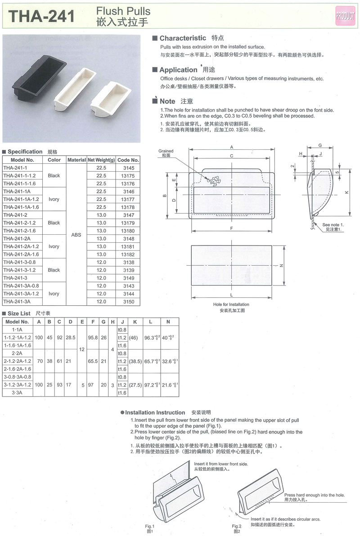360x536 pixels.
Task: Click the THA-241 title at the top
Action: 41,16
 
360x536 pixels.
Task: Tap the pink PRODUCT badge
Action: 345,16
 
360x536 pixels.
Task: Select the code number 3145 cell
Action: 129,168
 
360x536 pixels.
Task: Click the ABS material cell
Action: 76,235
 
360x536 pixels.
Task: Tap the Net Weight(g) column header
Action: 101,160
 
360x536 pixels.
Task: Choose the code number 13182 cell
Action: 128,255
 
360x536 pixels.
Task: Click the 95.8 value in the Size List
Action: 93,338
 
